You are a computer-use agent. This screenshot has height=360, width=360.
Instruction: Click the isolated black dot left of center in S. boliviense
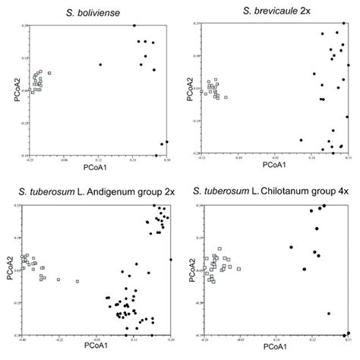(x=100, y=65)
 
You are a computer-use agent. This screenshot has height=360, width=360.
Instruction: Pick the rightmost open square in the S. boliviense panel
(x=49, y=73)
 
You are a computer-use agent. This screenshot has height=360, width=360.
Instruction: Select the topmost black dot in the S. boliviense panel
(x=134, y=26)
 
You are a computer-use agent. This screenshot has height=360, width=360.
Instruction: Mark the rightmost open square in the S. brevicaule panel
(x=226, y=97)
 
